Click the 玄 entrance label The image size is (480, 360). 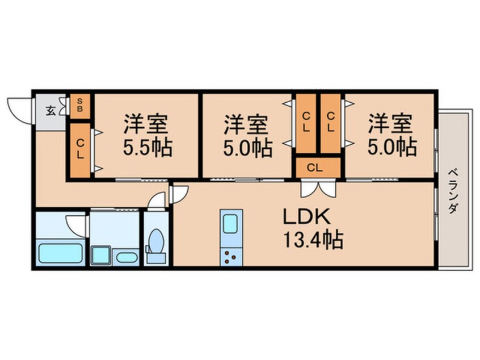pyautogui.click(x=50, y=110)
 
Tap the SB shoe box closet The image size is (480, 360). pyautogui.click(x=80, y=105)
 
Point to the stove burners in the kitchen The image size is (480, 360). pyautogui.click(x=231, y=256)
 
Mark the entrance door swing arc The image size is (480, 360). pyautogui.click(x=18, y=108)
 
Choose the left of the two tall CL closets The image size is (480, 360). pyautogui.click(x=306, y=122)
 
